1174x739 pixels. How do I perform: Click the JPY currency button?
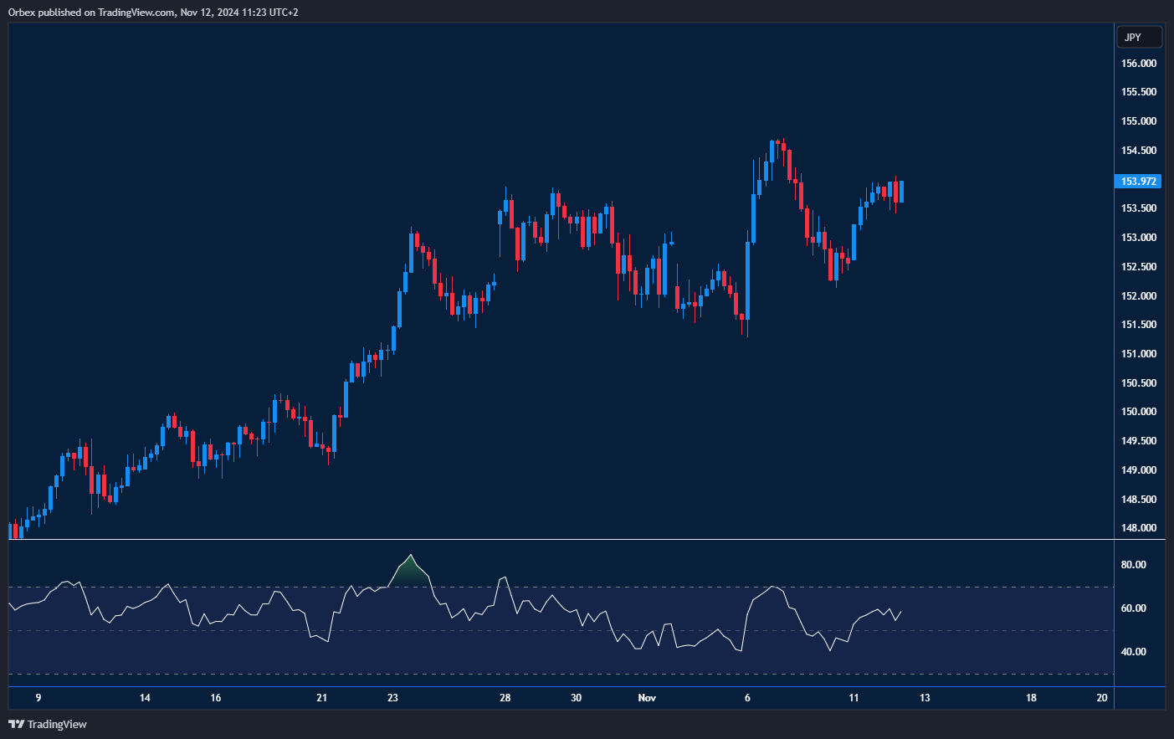[1139, 37]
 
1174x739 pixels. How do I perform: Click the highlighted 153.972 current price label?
[1138, 182]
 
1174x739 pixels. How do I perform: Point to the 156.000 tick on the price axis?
[1138, 64]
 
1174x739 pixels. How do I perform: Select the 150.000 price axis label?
[1138, 412]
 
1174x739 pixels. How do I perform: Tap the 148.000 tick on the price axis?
[1138, 528]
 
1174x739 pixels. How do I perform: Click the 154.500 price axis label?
[1138, 151]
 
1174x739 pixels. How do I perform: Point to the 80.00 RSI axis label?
[1133, 565]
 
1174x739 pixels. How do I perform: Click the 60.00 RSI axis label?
[1133, 608]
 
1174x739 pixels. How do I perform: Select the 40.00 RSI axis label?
[1133, 652]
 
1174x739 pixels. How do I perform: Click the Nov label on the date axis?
[647, 698]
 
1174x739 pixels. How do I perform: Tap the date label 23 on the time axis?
[393, 698]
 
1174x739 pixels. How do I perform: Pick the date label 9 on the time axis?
[38, 698]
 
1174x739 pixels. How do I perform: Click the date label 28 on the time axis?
[505, 698]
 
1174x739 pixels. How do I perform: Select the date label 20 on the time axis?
[1102, 698]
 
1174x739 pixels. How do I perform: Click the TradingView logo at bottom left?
[48, 724]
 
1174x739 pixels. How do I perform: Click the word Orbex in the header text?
[22, 13]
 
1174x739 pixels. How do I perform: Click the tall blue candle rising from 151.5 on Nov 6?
[748, 280]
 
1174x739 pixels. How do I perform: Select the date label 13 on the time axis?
[925, 698]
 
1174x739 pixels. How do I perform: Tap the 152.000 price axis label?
[1138, 296]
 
